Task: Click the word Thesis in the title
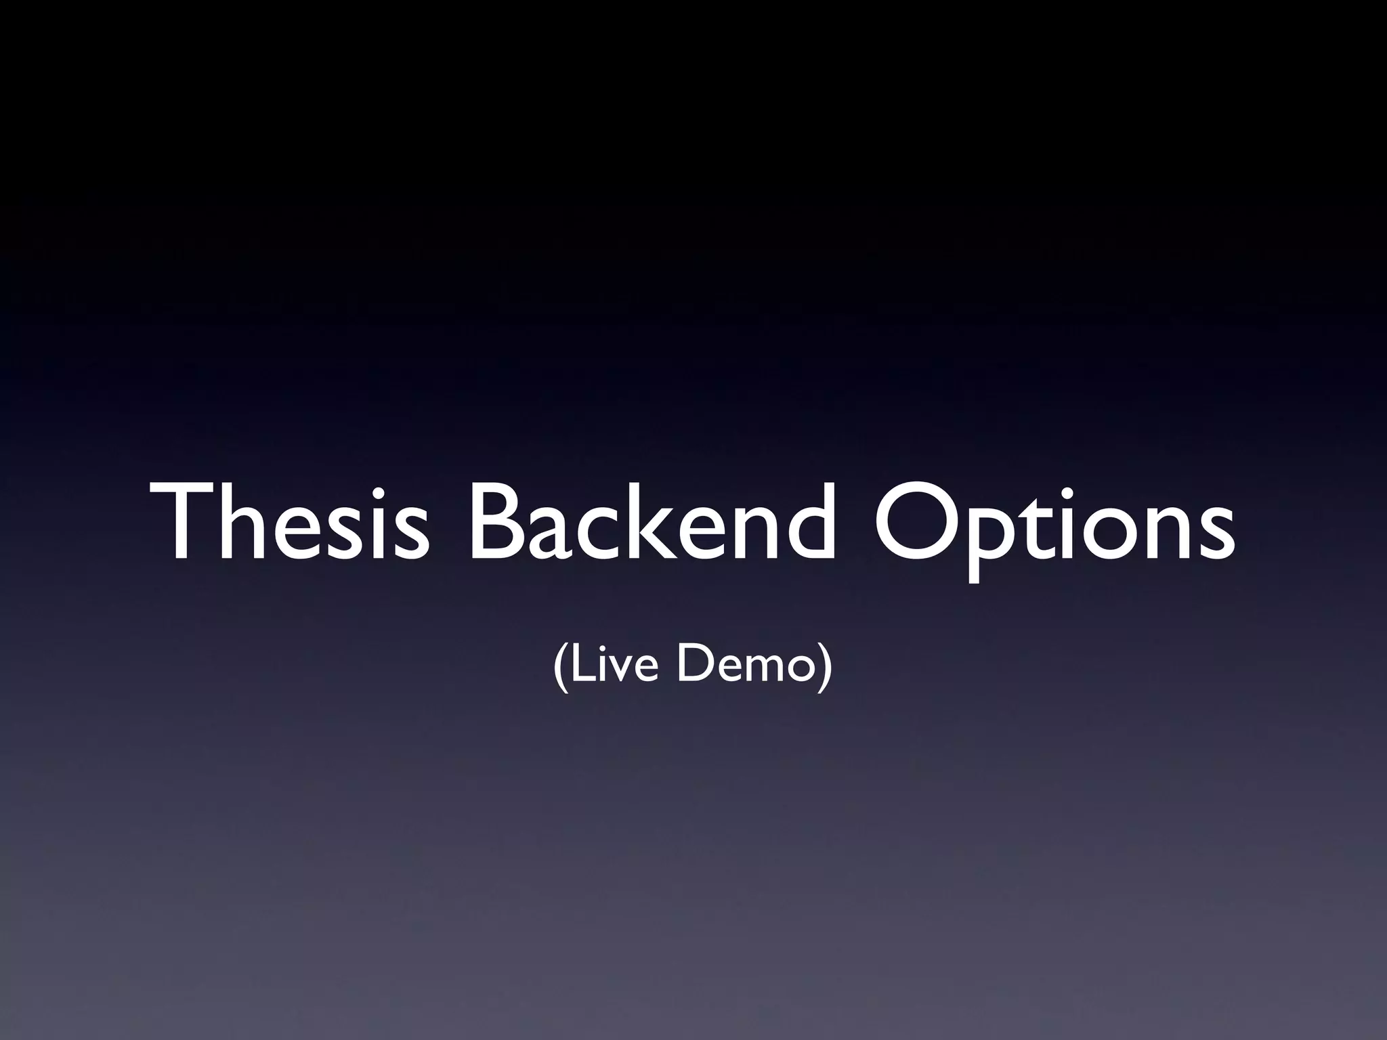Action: [291, 521]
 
